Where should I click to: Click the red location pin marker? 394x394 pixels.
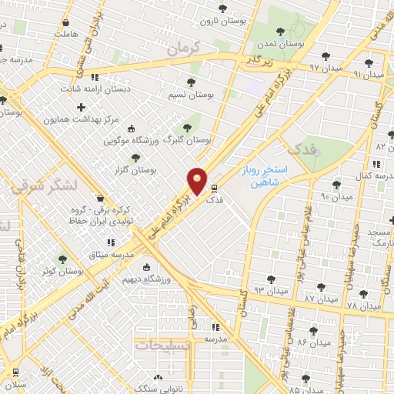pyautogui.click(x=198, y=182)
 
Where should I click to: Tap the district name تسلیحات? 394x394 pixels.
pyautogui.click(x=165, y=346)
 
